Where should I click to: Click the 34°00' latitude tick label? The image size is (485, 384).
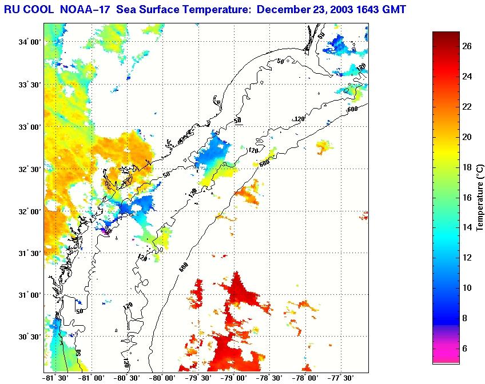28,43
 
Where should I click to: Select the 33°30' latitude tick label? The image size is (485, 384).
28,85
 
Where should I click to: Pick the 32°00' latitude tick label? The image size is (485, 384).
28,211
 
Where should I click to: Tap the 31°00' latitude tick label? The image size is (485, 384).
28,295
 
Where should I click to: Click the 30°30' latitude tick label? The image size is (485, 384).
28,337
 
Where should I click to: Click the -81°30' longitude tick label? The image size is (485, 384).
55,378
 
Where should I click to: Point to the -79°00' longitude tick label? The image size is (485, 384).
235,378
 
